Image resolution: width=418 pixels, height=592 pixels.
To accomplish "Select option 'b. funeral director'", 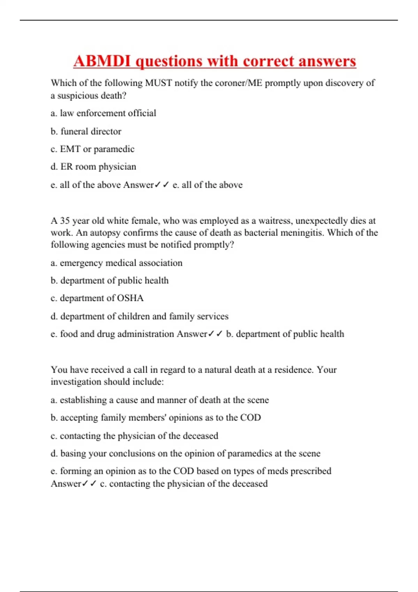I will (x=86, y=131).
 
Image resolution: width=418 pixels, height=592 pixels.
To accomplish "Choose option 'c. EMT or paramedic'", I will (x=92, y=149).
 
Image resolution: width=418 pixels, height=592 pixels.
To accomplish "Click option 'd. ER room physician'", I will (x=93, y=167).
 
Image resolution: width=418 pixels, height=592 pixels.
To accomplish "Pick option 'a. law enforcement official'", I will (x=103, y=113).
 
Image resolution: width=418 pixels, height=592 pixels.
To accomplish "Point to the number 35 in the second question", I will (x=65, y=221).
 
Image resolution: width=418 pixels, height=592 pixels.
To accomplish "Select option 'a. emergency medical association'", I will (x=116, y=263).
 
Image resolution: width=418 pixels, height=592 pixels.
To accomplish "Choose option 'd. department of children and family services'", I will (x=139, y=316).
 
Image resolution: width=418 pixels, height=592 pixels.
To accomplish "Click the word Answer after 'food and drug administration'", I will (x=192, y=334).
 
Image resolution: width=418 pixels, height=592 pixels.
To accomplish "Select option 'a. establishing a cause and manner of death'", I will (x=160, y=400).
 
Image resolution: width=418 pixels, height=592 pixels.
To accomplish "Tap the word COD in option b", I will (x=250, y=418).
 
